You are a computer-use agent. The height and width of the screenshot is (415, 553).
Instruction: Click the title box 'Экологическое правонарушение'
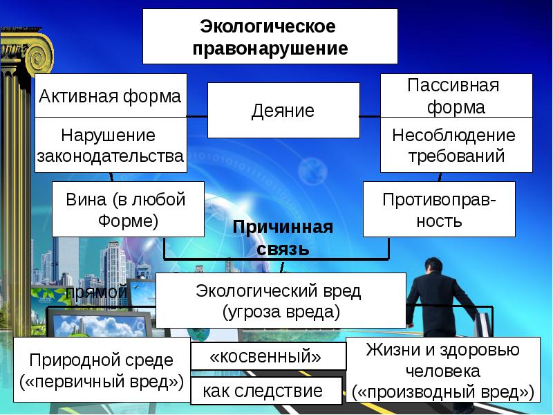coord(270,37)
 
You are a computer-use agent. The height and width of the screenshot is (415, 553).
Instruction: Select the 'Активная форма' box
coord(111,96)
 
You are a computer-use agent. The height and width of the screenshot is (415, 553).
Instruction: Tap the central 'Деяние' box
coord(283,111)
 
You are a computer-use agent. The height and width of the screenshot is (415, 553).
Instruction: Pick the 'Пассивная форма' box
coord(456,96)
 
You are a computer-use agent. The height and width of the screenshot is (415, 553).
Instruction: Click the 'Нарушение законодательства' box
coord(111,145)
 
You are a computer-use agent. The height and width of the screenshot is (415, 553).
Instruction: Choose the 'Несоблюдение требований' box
coord(456,145)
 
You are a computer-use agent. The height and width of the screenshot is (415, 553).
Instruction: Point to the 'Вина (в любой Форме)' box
coord(128,210)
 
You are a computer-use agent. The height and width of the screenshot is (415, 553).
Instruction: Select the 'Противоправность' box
coord(439,210)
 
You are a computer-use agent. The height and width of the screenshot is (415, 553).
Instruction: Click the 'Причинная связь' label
coord(283,237)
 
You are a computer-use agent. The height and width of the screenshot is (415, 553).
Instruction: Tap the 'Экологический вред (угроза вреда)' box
coord(281,300)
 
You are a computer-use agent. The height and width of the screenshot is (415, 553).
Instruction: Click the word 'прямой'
coord(96,292)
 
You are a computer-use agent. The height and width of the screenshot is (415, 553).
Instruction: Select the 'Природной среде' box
coord(102,371)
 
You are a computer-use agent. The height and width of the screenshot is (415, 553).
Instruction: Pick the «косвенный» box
coord(268,356)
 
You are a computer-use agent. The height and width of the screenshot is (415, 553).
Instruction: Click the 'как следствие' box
coord(266,391)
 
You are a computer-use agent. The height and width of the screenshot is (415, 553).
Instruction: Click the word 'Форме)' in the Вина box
coord(129,221)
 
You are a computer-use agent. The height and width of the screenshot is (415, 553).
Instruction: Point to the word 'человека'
coord(443,371)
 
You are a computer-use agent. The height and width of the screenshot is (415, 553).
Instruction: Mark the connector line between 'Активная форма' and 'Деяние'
coord(198,115)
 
